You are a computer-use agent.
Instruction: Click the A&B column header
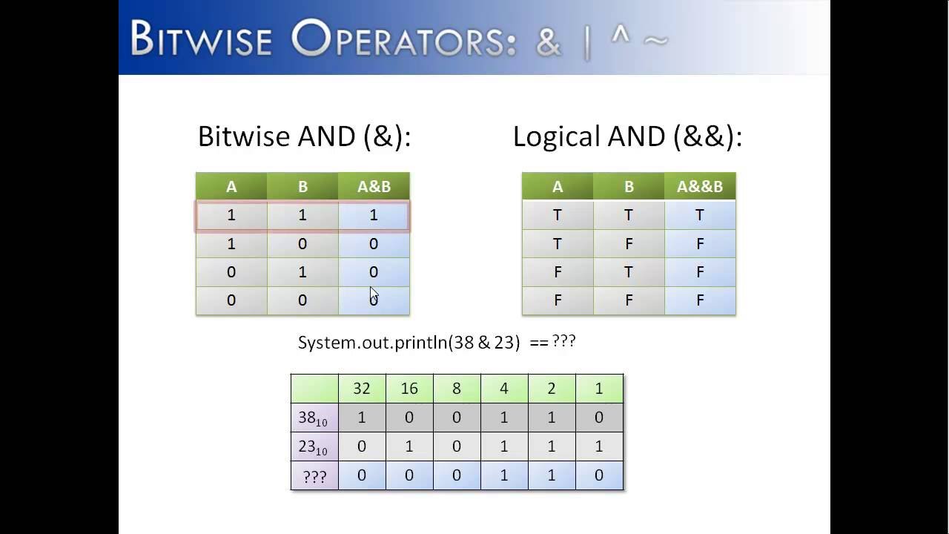374,187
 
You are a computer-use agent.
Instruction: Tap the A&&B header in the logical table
700,187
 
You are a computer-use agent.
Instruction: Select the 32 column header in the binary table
362,389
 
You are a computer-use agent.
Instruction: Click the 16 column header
409,389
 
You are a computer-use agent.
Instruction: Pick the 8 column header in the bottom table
457,389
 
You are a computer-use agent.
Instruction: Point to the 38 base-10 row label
313,418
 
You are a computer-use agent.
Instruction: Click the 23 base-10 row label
313,447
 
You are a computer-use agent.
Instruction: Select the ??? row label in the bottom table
314,476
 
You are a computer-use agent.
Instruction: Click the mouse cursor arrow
374,294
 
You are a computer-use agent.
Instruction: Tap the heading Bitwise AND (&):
304,136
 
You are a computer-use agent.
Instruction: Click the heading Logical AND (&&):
627,136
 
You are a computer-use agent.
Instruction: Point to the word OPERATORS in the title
404,41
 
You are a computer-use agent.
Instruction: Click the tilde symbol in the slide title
655,40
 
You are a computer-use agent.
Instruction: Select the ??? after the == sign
563,342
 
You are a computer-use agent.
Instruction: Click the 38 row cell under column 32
362,418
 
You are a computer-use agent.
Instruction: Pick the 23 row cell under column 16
409,446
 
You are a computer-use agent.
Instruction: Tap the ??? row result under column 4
504,475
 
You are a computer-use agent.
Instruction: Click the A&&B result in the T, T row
700,215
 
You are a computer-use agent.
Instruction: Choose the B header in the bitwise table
302,187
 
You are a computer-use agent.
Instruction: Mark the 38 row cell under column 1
599,418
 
